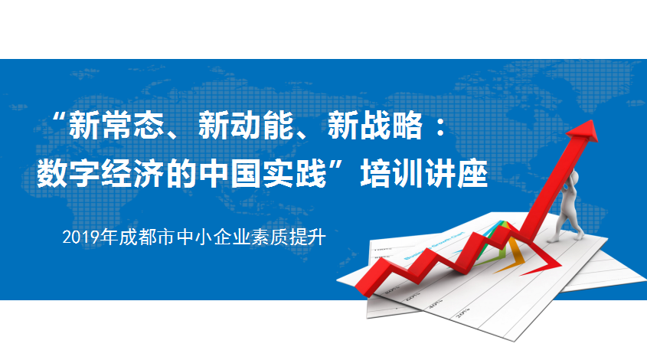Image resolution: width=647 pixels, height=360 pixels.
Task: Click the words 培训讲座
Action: (x=424, y=174)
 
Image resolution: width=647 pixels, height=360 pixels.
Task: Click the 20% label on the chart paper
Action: (x=463, y=313)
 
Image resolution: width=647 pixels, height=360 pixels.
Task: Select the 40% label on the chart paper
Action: (x=435, y=304)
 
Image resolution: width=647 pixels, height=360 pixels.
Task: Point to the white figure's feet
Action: (x=565, y=237)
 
